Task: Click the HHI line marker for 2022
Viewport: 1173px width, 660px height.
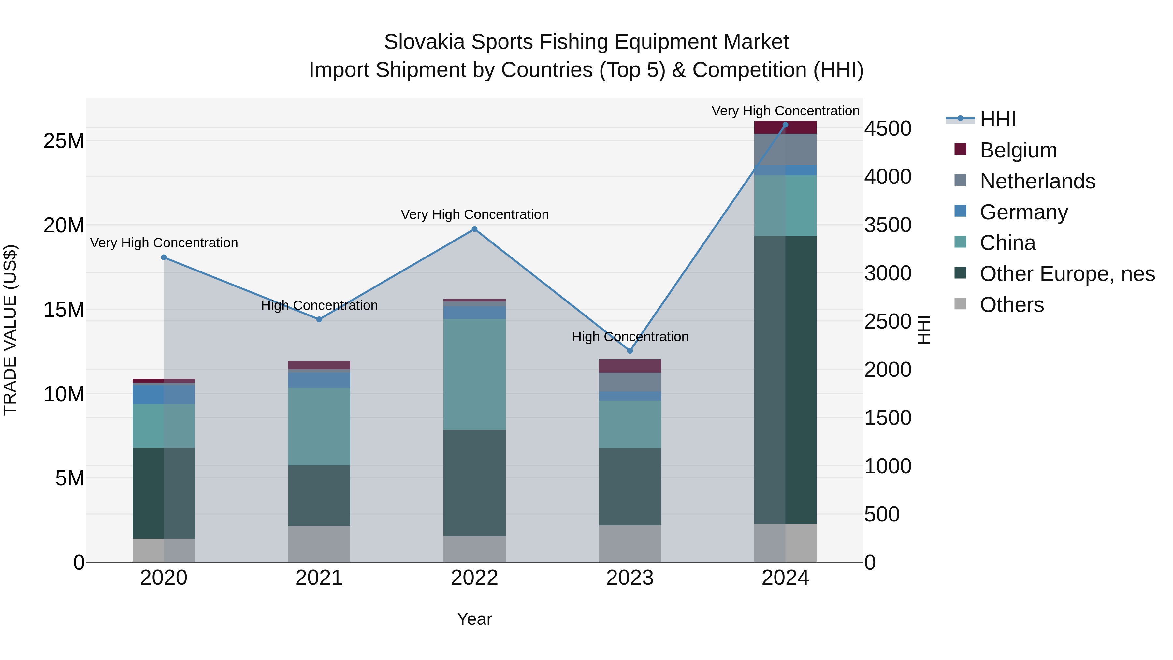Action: coord(474,229)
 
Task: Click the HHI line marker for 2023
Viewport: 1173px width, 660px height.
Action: coord(630,351)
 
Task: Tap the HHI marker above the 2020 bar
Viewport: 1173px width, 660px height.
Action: coord(164,257)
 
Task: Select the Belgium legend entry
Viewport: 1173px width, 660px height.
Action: coord(1018,150)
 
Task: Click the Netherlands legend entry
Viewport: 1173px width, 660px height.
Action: coord(1037,181)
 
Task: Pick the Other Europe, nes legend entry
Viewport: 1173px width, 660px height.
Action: coord(1067,274)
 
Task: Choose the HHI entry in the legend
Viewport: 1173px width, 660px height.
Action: coord(998,119)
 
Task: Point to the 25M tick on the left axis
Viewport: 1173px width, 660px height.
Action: coord(64,141)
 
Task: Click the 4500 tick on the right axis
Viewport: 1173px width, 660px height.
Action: coord(888,128)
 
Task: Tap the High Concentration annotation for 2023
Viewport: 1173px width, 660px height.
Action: coord(630,337)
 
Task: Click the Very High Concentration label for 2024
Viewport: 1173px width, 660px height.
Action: coord(785,111)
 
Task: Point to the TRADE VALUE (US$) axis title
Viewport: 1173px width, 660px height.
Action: coord(10,330)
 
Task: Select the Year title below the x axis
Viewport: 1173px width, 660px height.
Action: coord(474,619)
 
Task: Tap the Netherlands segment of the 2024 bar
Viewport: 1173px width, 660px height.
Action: coord(785,149)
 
